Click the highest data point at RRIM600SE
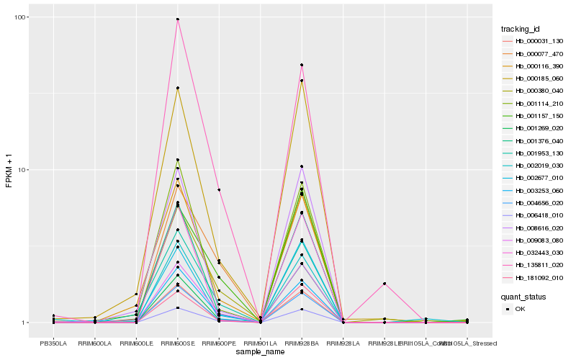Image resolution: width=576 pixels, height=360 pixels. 178,19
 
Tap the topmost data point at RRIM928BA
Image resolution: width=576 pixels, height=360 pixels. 302,65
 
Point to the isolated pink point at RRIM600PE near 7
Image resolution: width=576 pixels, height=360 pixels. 219,189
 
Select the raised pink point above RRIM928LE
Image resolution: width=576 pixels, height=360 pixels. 384,284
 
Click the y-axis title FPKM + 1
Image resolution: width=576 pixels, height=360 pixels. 9,171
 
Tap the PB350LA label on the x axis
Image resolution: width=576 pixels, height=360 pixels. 53,343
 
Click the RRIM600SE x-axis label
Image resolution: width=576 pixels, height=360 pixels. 178,343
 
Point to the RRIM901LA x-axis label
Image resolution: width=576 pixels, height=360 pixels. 260,343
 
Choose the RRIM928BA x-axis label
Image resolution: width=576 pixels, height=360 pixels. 302,343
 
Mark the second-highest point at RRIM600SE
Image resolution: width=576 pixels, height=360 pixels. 178,88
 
